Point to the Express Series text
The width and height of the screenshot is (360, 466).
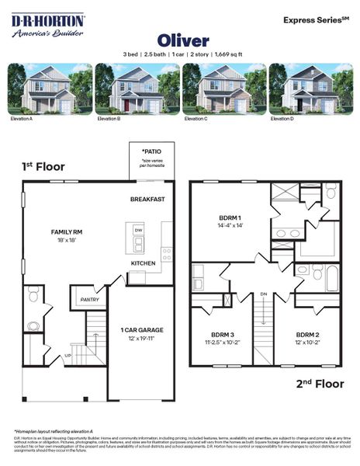coord(313,18)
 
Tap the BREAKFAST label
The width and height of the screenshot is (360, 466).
coord(147,200)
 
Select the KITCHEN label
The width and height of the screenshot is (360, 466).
coord(143,263)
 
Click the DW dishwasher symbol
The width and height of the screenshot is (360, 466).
coord(139,230)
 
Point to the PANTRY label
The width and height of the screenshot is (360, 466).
coord(89,299)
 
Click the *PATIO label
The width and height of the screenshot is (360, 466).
coord(151,151)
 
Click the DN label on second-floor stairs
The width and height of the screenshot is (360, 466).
coord(264,294)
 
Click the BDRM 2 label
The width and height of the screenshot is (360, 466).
coord(308,336)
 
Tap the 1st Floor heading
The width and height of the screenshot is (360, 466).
coord(43,166)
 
